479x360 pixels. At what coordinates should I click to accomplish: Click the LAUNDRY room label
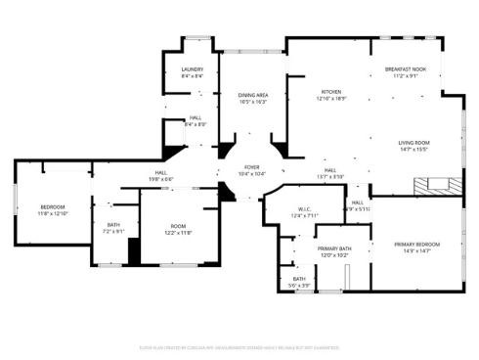[193, 69]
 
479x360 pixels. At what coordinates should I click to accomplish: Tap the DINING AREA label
[252, 95]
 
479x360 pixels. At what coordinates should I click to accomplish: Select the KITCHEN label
[331, 92]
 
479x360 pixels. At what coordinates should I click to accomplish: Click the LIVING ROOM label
[414, 143]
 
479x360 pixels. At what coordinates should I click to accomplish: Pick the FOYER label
[251, 167]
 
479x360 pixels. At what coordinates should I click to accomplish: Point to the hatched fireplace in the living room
[429, 184]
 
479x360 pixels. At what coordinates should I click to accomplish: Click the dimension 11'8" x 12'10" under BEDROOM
[52, 213]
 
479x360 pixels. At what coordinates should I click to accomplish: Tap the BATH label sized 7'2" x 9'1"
[114, 226]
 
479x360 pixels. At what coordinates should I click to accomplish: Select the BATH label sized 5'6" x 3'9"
[298, 279]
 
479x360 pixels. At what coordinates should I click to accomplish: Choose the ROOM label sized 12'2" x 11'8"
[177, 226]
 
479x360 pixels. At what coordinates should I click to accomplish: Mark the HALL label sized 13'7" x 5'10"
[330, 170]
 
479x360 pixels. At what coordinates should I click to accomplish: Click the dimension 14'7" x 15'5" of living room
[414, 150]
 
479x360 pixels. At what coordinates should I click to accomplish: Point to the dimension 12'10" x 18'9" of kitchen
[331, 99]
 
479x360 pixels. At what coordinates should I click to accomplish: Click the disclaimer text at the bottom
[239, 346]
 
